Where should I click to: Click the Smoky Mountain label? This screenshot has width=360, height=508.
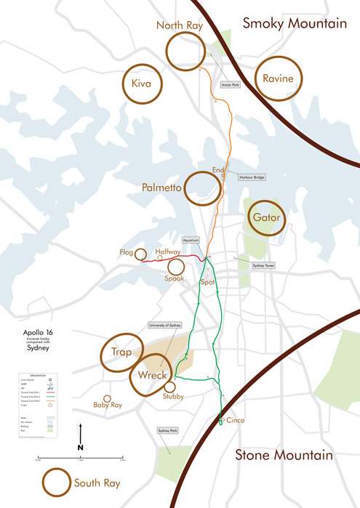(295, 23)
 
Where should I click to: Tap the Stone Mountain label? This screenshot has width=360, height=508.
(283, 456)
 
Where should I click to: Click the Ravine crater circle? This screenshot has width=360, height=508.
(277, 78)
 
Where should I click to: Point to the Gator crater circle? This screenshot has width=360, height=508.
(265, 217)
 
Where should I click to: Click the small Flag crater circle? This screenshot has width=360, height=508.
(142, 253)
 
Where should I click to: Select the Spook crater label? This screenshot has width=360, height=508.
(175, 278)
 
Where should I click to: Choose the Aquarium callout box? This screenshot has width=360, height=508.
(191, 240)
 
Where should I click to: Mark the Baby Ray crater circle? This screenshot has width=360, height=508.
(106, 399)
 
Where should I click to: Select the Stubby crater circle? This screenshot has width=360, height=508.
(170, 387)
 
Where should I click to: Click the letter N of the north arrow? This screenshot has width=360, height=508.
(81, 447)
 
